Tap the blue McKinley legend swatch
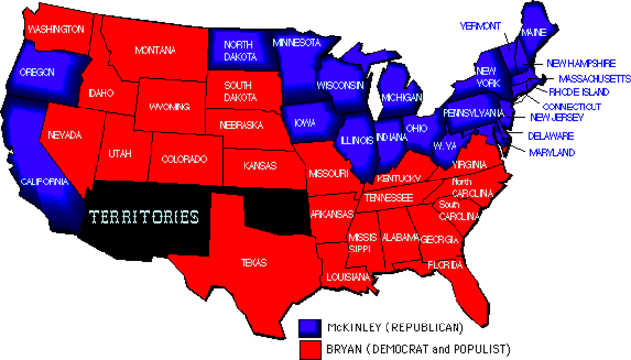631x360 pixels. (311, 325)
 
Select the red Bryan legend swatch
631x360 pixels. (311, 348)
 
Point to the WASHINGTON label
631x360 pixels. (55, 29)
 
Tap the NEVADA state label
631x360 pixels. (64, 134)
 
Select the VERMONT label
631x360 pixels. (480, 25)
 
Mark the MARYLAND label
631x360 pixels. (551, 153)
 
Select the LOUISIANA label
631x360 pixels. (347, 277)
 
